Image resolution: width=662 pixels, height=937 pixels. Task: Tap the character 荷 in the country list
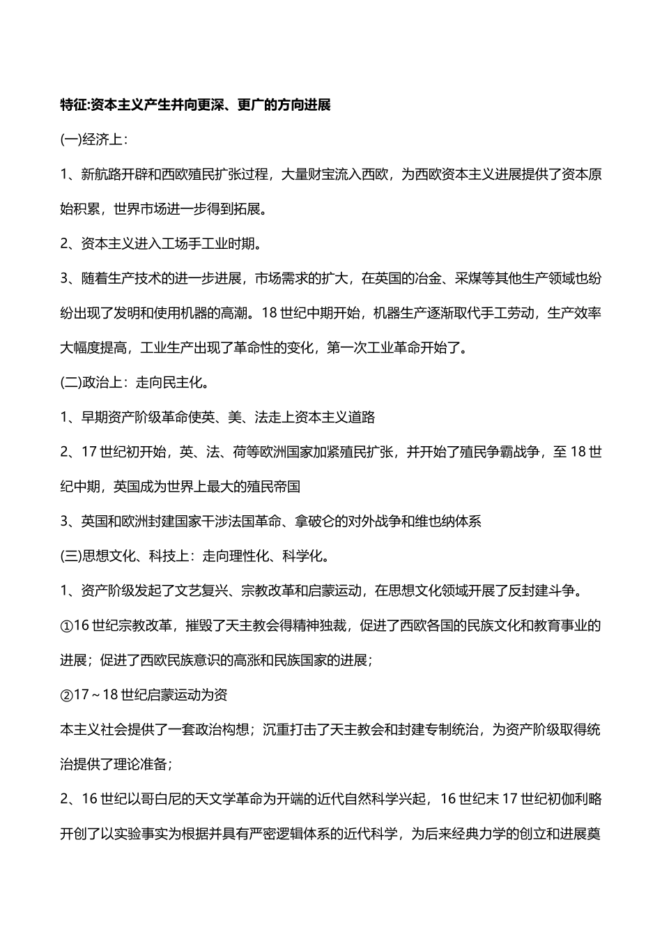(240, 452)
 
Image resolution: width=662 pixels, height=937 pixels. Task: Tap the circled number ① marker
(66, 625)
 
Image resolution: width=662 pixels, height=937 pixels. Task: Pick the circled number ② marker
(66, 694)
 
